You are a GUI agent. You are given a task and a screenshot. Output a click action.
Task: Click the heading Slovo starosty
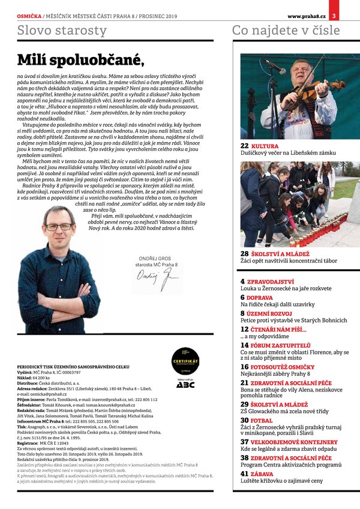pyautogui.click(x=62, y=30)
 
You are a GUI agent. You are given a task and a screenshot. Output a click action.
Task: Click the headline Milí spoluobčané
pyautogui.click(x=80, y=59)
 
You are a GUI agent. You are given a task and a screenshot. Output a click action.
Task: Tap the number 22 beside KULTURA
pyautogui.click(x=245, y=146)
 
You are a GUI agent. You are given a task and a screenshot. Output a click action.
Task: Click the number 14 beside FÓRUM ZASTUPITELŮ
pyautogui.click(x=245, y=345)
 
